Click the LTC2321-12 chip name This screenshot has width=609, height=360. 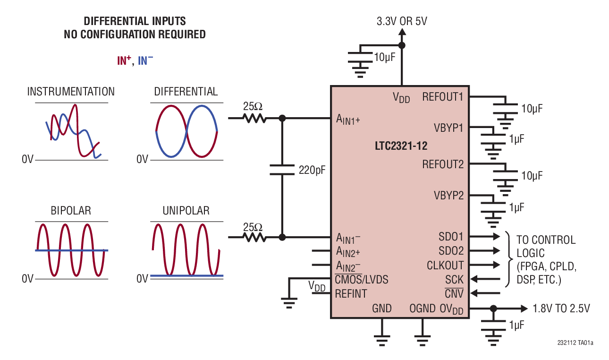point(401,146)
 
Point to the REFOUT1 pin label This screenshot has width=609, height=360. point(443,97)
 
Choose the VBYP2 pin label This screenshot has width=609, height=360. point(448,195)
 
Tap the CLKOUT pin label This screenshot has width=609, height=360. point(445,265)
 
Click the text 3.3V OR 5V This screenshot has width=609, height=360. point(402,21)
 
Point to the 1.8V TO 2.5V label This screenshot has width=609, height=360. point(561,309)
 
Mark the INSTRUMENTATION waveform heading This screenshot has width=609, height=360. point(71,91)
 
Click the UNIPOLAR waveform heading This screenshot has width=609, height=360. point(186,210)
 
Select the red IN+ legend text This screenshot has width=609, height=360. point(124,60)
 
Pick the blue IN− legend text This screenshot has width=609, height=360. point(145,60)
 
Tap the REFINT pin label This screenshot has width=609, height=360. point(351,294)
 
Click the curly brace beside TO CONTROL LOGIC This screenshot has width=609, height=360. point(509,259)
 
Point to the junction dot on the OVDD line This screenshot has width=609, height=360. point(493,309)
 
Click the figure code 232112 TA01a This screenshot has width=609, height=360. point(575,343)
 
